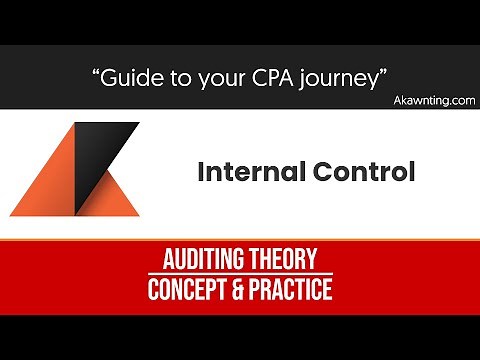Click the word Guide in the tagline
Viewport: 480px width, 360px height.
[x=137, y=77]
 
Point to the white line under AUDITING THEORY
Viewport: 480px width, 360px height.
[x=239, y=275]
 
